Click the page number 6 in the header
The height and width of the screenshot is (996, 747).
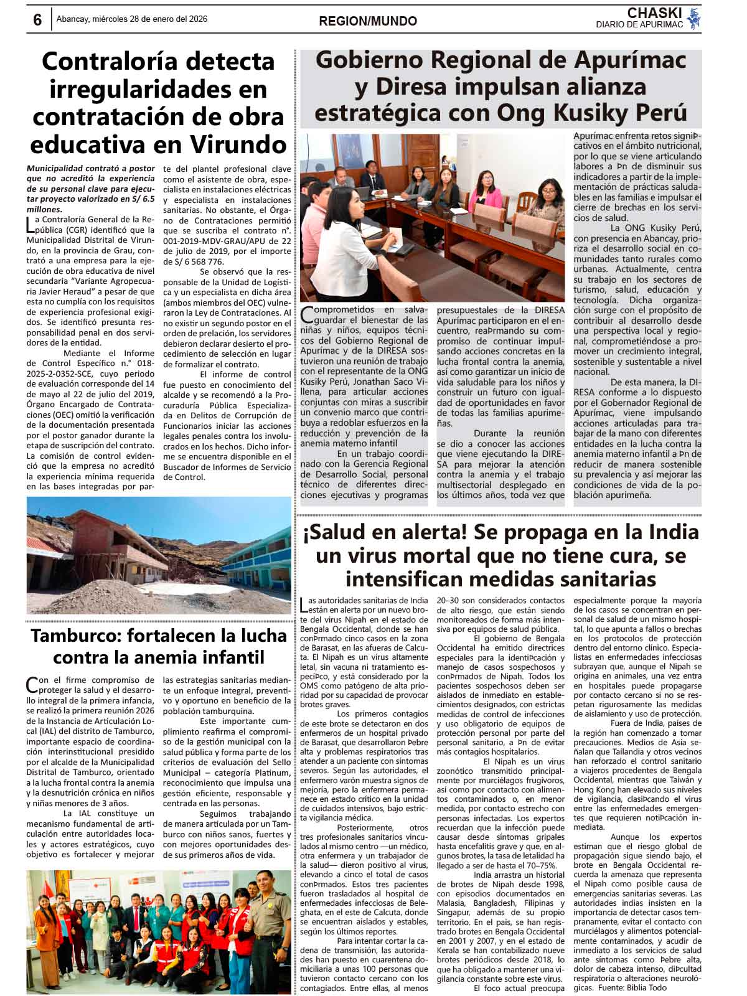pos(37,21)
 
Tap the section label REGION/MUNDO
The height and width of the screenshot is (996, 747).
pos(368,21)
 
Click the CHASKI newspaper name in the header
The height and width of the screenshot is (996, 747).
pos(654,13)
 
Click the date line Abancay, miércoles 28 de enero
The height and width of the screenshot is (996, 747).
pos(132,19)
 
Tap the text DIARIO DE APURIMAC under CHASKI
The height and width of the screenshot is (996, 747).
pos(639,25)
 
